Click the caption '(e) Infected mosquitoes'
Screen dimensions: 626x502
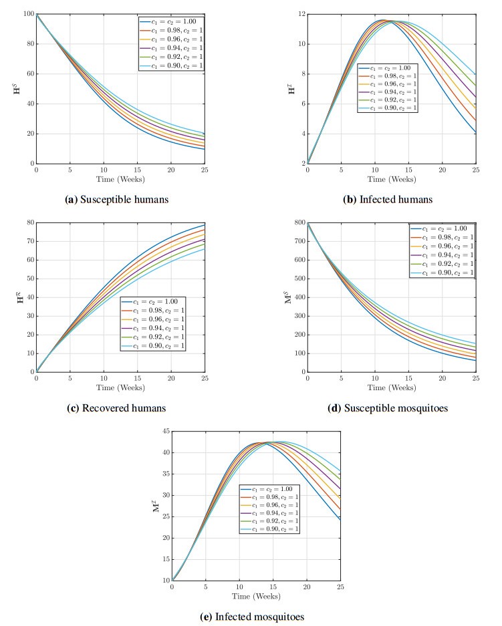click(255, 617)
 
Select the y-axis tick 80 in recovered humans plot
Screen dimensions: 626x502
click(29, 222)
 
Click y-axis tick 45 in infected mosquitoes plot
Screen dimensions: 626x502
click(164, 432)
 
